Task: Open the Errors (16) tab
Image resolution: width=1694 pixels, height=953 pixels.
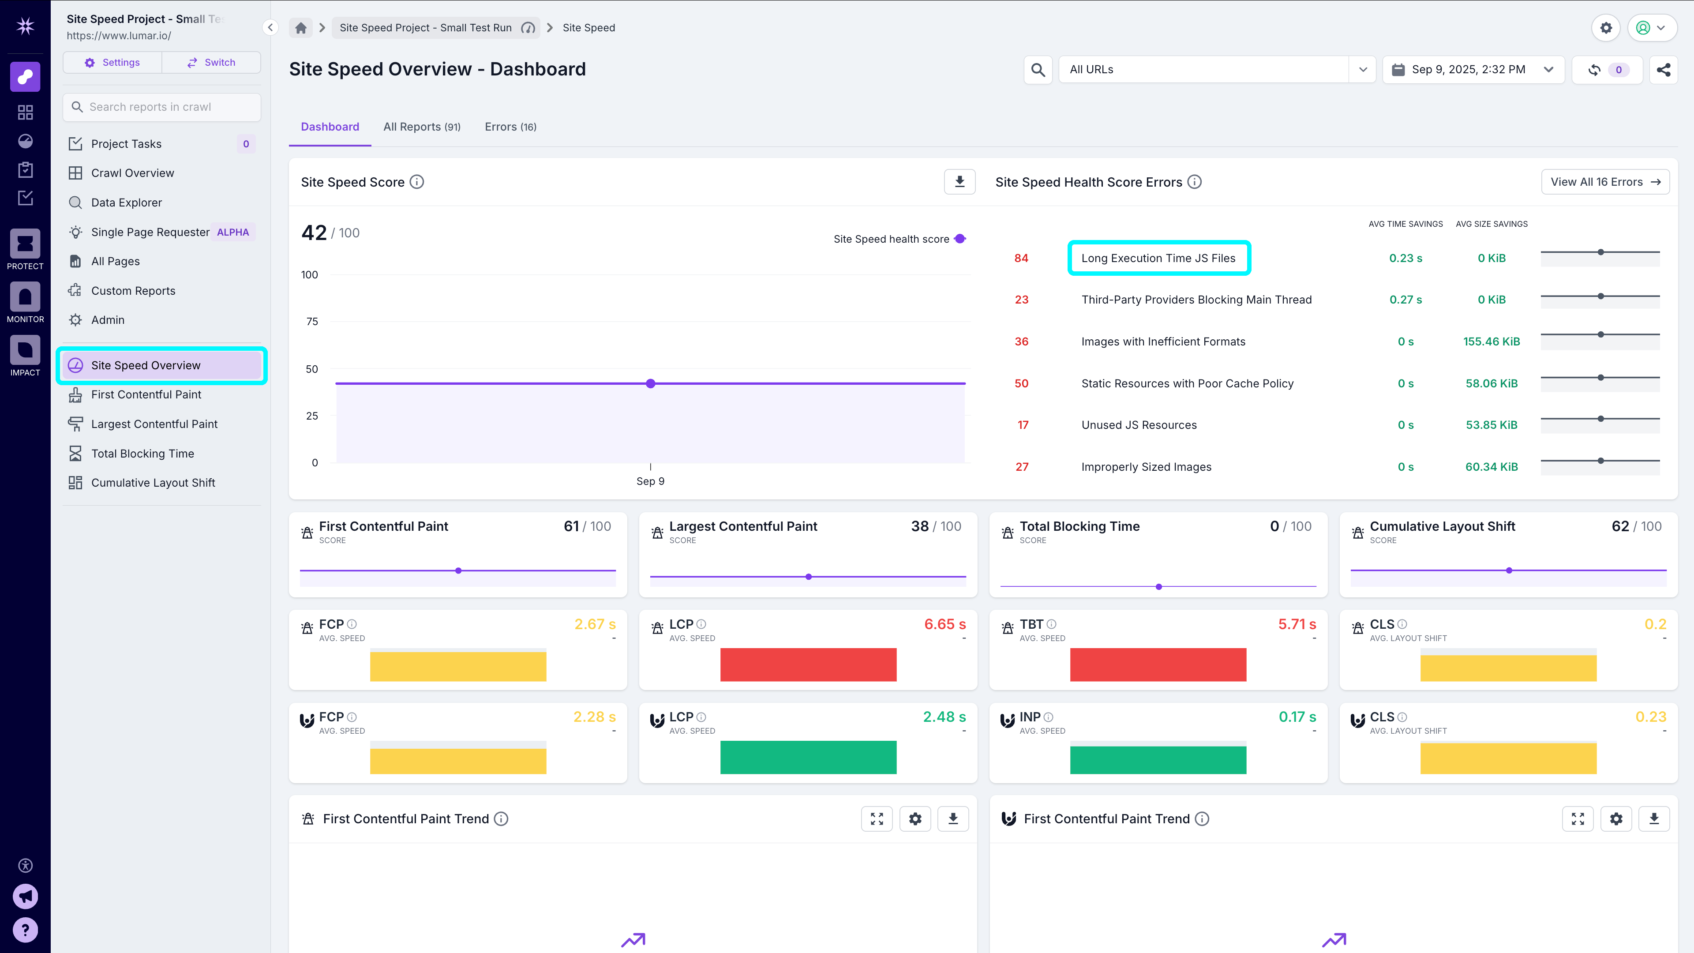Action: click(x=510, y=127)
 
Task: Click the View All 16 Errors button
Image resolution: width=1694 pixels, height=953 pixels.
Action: click(x=1604, y=182)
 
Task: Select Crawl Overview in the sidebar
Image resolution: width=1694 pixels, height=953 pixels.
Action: click(x=132, y=173)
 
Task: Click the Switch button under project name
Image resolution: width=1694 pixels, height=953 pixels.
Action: click(x=211, y=63)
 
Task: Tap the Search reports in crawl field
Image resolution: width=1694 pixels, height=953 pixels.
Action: click(x=162, y=107)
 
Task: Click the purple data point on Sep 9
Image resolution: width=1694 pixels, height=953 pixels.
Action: click(x=650, y=383)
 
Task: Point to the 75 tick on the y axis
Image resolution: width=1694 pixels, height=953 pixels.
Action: click(x=312, y=322)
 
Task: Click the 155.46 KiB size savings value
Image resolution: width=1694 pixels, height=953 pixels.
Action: click(x=1491, y=341)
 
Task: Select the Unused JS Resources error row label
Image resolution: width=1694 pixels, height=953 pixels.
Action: click(x=1138, y=425)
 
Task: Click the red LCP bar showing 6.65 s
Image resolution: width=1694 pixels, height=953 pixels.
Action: click(x=808, y=664)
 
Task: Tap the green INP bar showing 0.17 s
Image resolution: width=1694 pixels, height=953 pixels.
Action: click(x=1158, y=758)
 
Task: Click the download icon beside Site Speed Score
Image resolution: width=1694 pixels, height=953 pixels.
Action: click(x=959, y=182)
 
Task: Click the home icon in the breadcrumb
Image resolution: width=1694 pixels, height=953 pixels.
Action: click(x=300, y=28)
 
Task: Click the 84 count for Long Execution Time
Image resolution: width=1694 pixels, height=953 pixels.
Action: click(x=1021, y=259)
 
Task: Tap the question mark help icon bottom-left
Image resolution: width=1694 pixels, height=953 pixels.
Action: click(x=25, y=930)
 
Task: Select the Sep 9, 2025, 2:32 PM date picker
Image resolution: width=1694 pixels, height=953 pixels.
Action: click(x=1473, y=70)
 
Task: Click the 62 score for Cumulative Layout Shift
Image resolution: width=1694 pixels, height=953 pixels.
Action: click(x=1620, y=526)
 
